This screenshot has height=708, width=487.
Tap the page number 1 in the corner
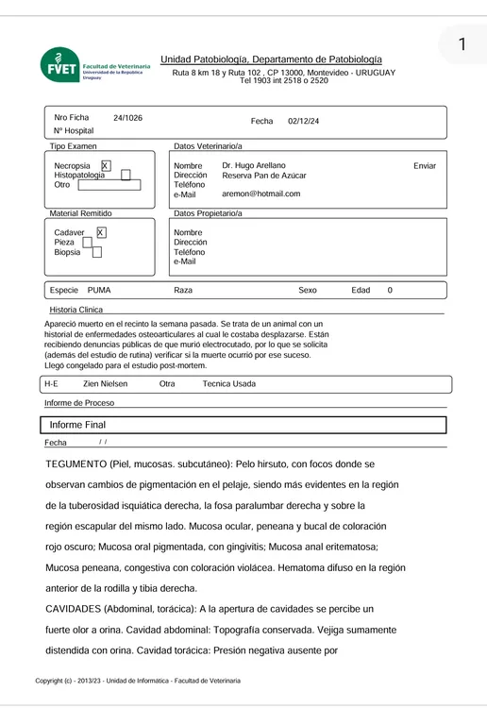point(462,45)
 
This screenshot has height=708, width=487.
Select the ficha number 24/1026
point(128,118)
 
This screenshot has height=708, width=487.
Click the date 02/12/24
point(304,122)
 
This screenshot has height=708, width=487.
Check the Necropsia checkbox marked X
point(105,165)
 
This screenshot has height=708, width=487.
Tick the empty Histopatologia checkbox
point(126,176)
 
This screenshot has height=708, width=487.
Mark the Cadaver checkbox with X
point(101,232)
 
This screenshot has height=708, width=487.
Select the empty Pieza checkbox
point(87,243)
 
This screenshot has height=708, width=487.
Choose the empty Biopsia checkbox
point(96,253)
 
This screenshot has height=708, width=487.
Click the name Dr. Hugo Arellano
point(254,165)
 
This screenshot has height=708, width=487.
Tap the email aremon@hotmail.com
point(261,194)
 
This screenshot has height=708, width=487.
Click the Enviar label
point(425,166)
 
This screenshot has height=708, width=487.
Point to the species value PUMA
point(99,291)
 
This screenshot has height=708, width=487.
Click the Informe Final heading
point(78,426)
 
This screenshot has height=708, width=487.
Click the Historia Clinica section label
point(76,310)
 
